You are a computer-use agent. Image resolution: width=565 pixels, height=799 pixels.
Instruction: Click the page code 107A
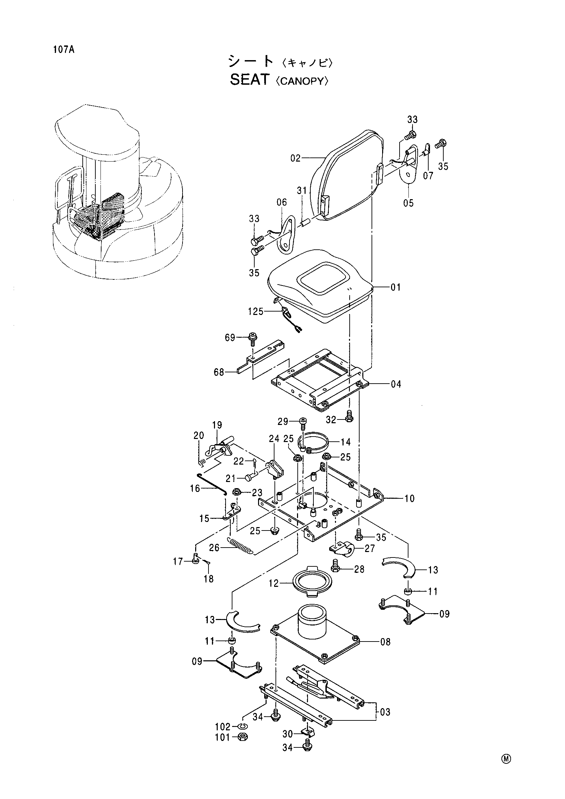pos(64,50)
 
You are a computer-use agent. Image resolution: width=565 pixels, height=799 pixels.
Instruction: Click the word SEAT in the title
pos(250,80)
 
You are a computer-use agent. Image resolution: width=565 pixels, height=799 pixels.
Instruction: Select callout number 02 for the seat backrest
pos(295,159)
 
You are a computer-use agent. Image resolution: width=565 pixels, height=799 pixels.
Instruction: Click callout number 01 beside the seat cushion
pos(395,287)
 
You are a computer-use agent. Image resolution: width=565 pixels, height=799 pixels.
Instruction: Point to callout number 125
pos(256,312)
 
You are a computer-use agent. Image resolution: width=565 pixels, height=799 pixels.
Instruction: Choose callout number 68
pos(219,372)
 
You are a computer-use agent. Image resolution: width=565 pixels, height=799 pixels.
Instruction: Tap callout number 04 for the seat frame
pos(396,384)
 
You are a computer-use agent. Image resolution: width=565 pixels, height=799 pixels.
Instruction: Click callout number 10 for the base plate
pos(409,499)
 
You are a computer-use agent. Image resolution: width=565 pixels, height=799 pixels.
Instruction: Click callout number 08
pos(385,642)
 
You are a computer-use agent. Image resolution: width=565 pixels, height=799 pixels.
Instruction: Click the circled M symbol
pos(506,759)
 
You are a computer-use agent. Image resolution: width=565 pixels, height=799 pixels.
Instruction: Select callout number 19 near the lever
pos(217,425)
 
